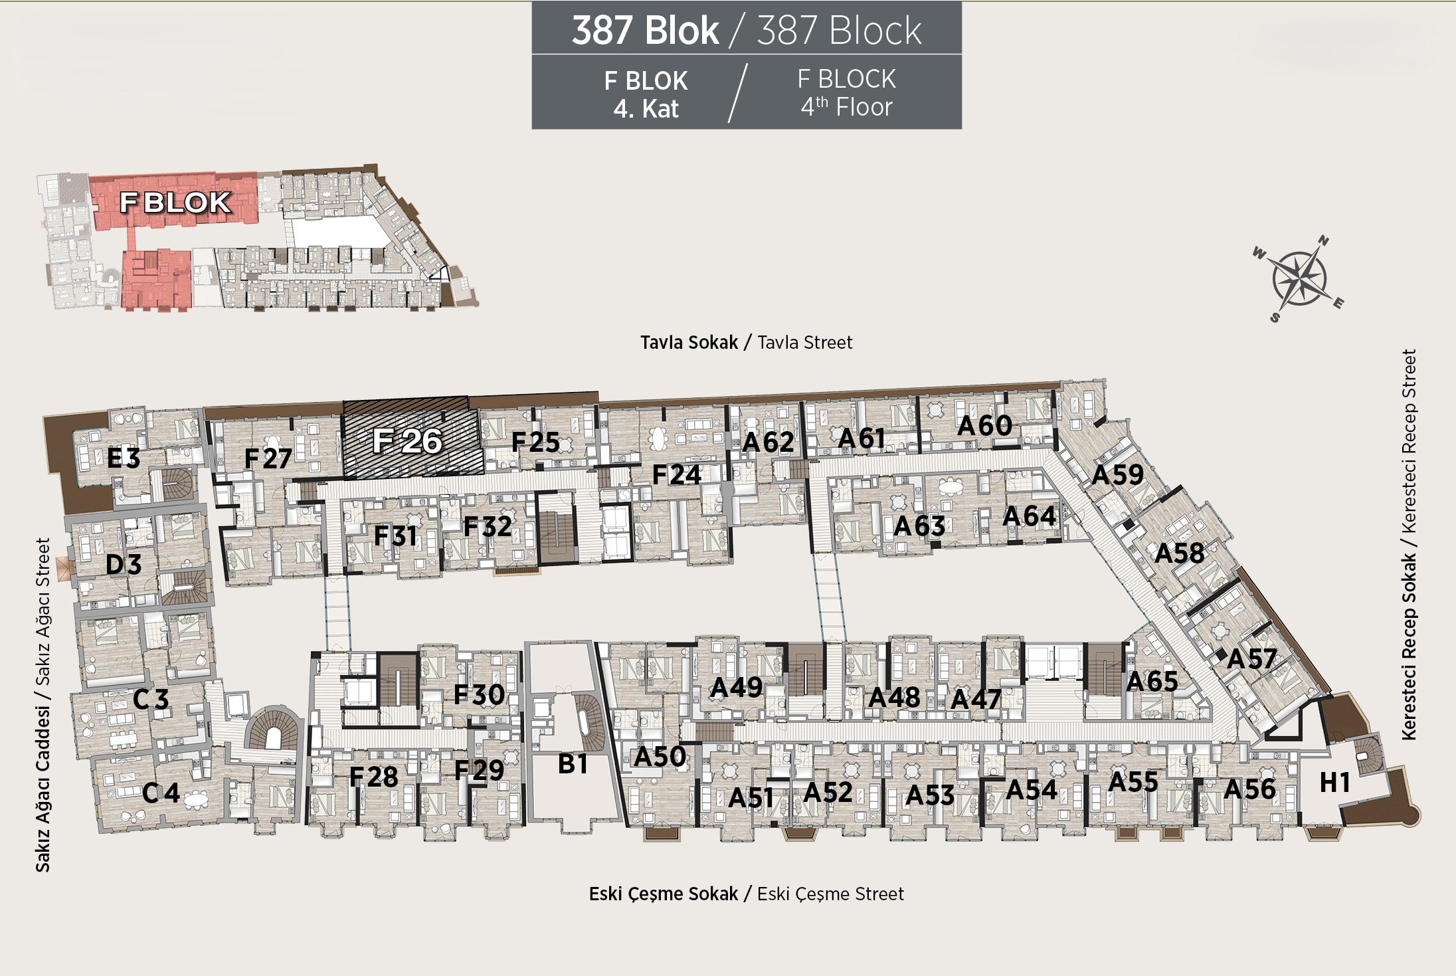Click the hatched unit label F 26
pos(407,440)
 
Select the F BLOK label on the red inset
pos(175,203)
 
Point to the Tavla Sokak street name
pos(689,342)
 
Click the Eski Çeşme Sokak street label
pos(664,894)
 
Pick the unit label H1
pos(1334,783)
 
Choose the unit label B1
pos(573,764)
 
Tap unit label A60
pos(984,425)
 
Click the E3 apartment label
pos(124,458)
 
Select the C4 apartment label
pos(161,792)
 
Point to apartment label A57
pos(1251,658)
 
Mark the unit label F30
pos(479,694)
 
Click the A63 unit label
pos(919,526)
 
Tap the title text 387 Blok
pos(645,30)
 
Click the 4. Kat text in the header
pos(646,109)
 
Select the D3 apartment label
pos(124,565)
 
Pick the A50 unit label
pos(660,756)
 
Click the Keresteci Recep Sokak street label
pos(1409,646)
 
